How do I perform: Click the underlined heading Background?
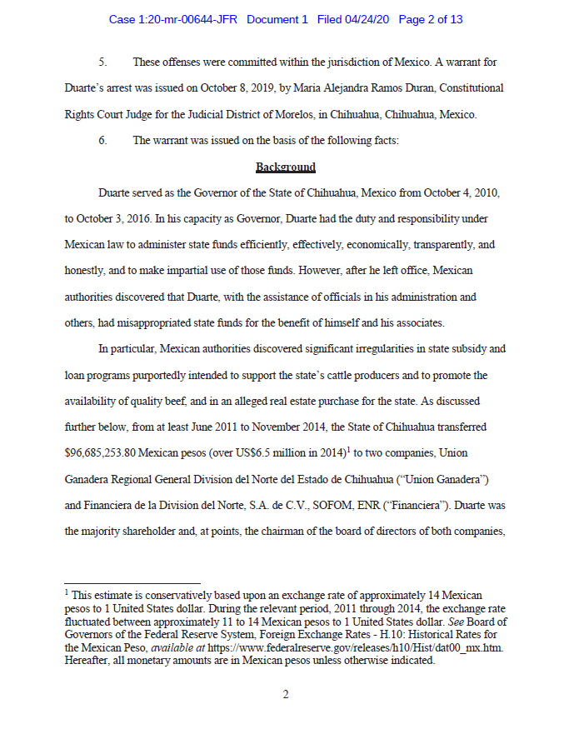[285, 167]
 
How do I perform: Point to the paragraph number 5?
[102, 62]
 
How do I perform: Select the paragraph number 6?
[102, 141]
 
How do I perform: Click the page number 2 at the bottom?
[285, 695]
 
